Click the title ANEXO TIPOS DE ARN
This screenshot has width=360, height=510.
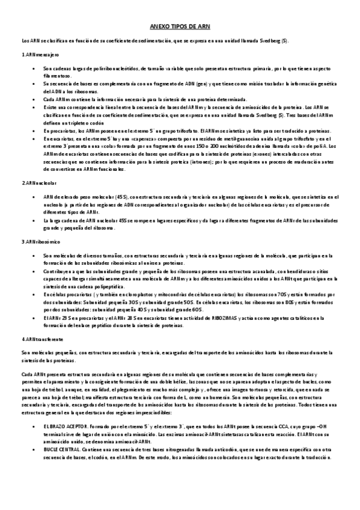tap(180, 28)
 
